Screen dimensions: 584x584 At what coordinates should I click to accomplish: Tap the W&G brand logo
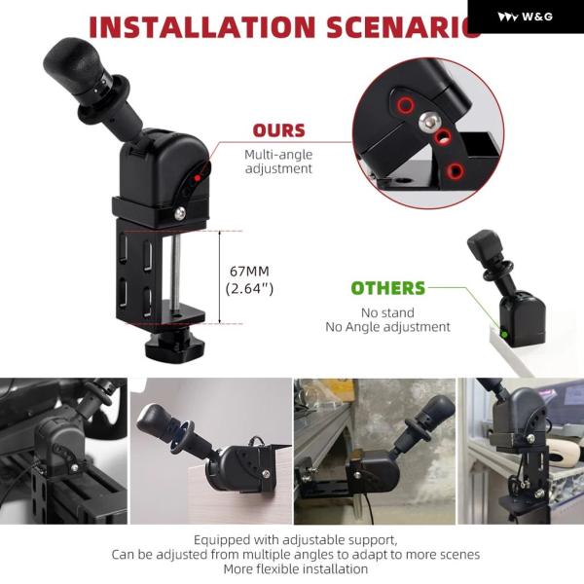(526, 17)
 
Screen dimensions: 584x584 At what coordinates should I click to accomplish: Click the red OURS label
(278, 130)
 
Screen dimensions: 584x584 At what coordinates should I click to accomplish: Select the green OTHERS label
(387, 288)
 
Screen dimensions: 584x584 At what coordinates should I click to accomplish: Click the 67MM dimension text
(249, 272)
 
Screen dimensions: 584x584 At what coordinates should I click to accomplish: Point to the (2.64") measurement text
(249, 289)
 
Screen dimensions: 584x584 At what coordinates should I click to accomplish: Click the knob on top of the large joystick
(74, 64)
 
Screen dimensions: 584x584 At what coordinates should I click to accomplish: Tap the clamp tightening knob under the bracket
(174, 346)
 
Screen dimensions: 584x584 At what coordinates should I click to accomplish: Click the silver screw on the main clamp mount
(180, 213)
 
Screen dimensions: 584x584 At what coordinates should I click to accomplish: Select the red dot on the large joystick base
(198, 178)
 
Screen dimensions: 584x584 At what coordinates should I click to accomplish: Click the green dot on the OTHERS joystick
(504, 334)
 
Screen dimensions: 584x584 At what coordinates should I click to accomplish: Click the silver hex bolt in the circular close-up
(429, 121)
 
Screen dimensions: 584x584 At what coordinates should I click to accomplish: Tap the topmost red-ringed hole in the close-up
(405, 105)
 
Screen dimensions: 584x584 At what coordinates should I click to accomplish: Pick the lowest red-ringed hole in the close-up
(455, 171)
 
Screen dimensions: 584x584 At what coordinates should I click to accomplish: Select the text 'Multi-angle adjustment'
(278, 162)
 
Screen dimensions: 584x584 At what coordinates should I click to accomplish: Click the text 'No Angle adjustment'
(387, 327)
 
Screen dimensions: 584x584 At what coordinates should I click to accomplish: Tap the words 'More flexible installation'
(296, 569)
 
